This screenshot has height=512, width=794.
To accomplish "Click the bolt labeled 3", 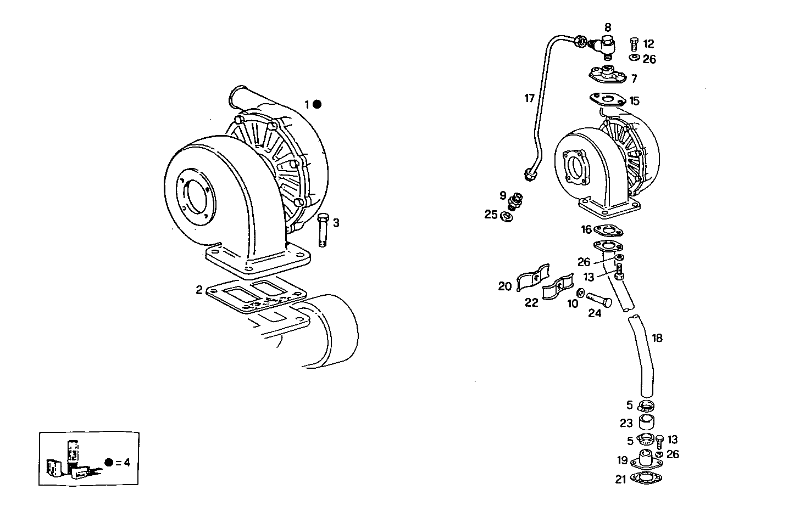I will pos(323,231).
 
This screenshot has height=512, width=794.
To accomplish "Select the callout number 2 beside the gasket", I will pos(199,290).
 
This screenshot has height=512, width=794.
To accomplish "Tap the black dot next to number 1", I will pos(317,104).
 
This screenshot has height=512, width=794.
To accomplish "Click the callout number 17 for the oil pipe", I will pos(529,99).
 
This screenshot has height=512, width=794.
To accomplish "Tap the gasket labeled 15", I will pos(607,100).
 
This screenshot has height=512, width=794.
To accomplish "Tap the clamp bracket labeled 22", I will pos(557,288).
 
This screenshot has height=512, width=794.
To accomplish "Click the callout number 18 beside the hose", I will pos(657,337).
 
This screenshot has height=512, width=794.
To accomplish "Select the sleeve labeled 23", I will pos(647,423).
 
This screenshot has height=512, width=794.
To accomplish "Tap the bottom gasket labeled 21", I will pos(646,478).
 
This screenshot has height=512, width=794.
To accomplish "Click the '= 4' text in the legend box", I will pos(123,462).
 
